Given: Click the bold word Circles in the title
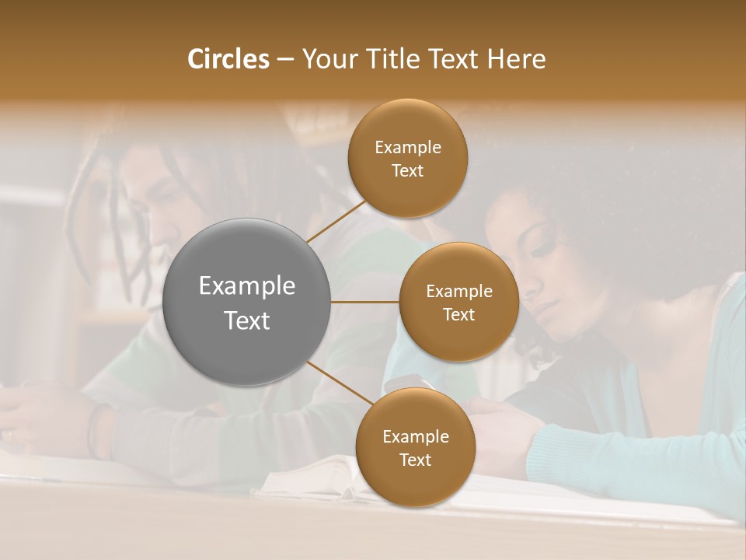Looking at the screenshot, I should (228, 59).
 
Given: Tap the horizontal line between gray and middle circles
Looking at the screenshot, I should (365, 302).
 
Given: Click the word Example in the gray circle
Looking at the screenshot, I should (247, 286).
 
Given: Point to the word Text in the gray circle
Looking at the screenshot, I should (247, 320).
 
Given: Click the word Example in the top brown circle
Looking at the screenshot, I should (407, 147).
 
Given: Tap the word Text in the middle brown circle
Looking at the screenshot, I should (458, 314).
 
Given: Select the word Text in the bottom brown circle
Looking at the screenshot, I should (415, 460).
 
